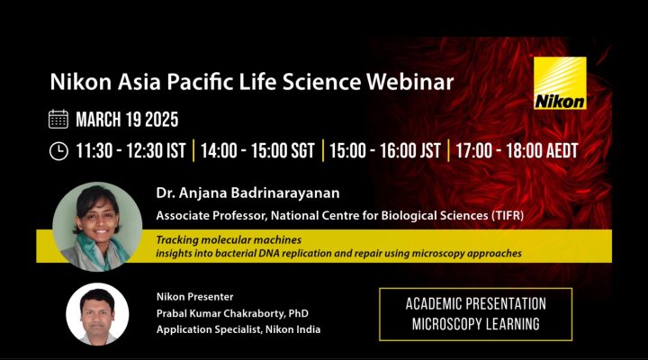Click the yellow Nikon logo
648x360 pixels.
tap(560, 83)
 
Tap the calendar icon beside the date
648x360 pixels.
tap(58, 120)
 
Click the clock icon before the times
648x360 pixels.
tap(58, 151)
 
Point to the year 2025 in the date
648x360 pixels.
tap(162, 120)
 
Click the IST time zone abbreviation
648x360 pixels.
tap(176, 150)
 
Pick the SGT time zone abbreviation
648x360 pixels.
tap(302, 150)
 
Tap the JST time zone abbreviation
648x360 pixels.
tap(430, 150)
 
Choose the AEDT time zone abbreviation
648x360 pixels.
tap(562, 150)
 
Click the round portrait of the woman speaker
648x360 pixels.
tap(97, 227)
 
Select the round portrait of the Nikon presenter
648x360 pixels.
tap(97, 314)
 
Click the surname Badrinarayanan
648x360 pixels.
tap(285, 193)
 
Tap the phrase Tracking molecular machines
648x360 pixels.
tap(229, 239)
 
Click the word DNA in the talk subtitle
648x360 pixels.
tap(268, 253)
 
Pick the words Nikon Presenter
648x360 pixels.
tap(194, 297)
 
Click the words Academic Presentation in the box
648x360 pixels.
tap(476, 304)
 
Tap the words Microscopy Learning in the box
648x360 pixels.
tap(476, 324)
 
